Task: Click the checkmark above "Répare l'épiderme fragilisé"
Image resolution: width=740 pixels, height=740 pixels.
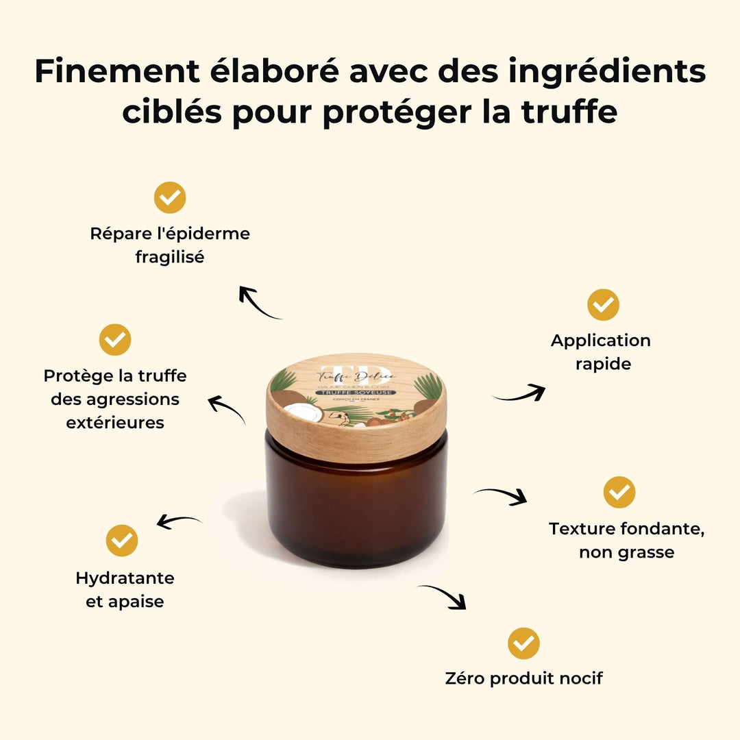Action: coord(170,198)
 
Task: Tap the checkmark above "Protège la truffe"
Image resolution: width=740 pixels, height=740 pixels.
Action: coord(115,340)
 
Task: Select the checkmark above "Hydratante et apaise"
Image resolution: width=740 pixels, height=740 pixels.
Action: coord(122,540)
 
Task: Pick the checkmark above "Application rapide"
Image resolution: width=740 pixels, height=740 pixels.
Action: coord(603,305)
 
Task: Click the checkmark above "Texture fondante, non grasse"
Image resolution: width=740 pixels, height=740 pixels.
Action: coord(619,492)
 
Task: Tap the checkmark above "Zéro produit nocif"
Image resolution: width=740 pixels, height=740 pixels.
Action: coord(523,643)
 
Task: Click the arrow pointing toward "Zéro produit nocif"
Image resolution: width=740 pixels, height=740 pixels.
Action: coord(444,596)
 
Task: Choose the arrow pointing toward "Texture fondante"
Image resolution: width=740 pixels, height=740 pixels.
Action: coord(502,495)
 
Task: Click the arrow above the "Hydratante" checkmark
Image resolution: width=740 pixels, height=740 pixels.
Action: coord(179,521)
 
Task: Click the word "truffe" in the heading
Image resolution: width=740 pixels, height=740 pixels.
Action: coord(561,112)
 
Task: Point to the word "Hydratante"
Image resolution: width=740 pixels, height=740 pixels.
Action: coord(125,578)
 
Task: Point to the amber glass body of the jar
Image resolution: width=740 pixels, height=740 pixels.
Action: coord(356,507)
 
